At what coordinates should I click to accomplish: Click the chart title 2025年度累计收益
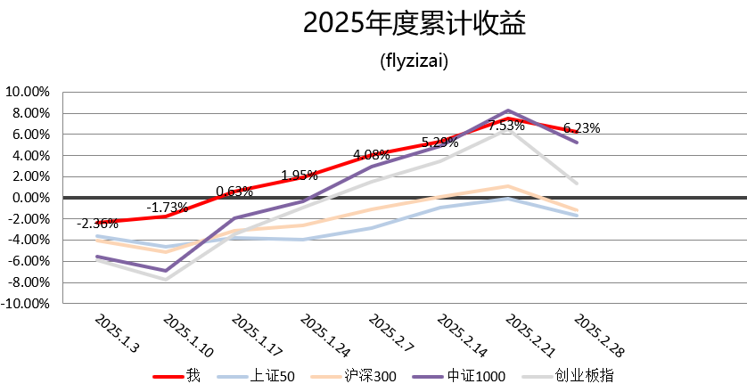pos(415,24)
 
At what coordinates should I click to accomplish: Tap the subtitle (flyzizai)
pos(414,62)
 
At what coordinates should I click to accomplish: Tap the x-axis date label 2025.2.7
pos(390,332)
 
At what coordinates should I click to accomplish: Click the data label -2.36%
pos(96,223)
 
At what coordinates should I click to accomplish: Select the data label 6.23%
pos(582,127)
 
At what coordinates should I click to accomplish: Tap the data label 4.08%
pos(371,155)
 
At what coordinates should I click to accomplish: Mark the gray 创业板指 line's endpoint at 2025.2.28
pos(578,184)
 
